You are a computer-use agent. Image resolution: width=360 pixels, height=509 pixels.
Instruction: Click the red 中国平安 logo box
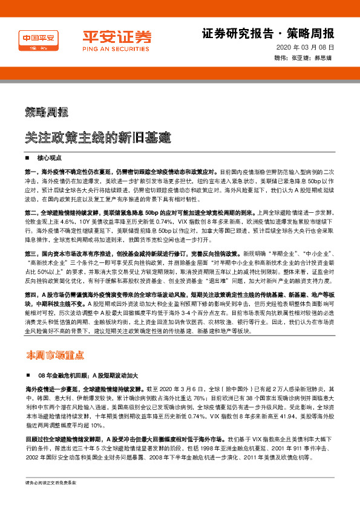[39, 40]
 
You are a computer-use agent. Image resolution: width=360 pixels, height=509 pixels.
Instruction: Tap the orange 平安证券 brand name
[108, 36]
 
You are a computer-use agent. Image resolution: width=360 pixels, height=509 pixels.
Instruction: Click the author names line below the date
[304, 59]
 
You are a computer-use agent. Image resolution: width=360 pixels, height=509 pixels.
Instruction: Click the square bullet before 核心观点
[28, 158]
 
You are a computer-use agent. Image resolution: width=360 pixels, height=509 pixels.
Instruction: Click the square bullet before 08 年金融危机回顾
[28, 375]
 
